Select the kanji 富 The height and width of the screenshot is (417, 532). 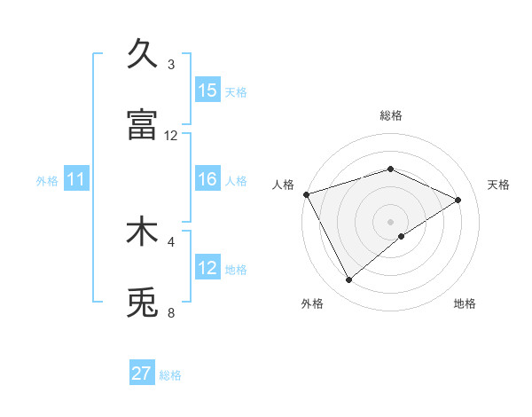click(x=142, y=124)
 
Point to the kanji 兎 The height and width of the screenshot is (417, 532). click(x=142, y=302)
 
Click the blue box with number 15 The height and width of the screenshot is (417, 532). click(x=207, y=90)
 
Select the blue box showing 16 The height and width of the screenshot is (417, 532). click(x=207, y=179)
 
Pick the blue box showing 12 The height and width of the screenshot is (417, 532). click(x=207, y=268)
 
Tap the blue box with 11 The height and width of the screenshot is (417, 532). click(x=76, y=179)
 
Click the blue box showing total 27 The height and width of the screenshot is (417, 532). click(x=142, y=374)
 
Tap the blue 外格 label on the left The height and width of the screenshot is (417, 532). click(x=47, y=181)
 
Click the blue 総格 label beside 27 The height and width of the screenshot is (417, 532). click(x=170, y=375)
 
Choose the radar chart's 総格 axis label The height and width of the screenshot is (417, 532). click(x=391, y=115)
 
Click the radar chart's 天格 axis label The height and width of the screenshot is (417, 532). click(x=498, y=185)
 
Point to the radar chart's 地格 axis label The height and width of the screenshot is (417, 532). click(x=465, y=303)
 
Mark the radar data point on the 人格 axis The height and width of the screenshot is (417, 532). click(x=306, y=193)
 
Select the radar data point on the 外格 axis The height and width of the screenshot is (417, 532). click(x=348, y=280)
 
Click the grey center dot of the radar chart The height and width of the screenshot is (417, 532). click(x=391, y=221)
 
